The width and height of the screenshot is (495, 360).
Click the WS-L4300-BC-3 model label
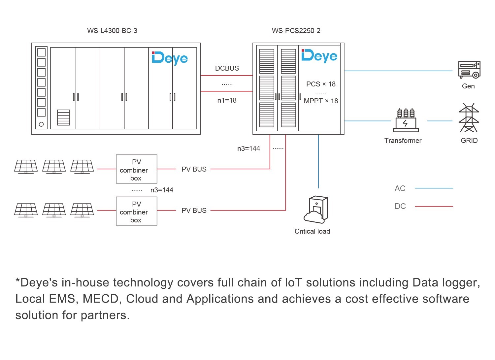pyautogui.click(x=112, y=31)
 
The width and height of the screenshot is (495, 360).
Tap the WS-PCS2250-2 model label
pyautogui.click(x=296, y=31)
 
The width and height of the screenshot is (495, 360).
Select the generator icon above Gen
pyautogui.click(x=469, y=70)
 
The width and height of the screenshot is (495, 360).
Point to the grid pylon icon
pyautogui.click(x=469, y=118)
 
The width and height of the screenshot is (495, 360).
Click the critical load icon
pyautogui.click(x=315, y=210)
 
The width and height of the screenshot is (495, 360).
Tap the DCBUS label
pyautogui.click(x=227, y=68)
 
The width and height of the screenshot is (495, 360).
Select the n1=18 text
pyautogui.click(x=227, y=100)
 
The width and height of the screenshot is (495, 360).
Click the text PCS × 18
pyautogui.click(x=321, y=84)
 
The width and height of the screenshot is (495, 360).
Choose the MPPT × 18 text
pyautogui.click(x=321, y=101)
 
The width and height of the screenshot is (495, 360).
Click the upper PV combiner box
pyautogui.click(x=136, y=169)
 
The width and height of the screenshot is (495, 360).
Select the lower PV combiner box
pyautogui.click(x=136, y=211)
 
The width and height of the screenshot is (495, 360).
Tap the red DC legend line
pyautogui.click(x=434, y=206)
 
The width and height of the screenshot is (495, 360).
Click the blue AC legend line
pyautogui.click(x=434, y=188)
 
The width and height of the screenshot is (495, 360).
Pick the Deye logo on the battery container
pyautogui.click(x=170, y=58)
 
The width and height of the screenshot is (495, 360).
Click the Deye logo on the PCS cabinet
pyautogui.click(x=319, y=56)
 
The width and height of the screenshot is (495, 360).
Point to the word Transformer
pyautogui.click(x=403, y=141)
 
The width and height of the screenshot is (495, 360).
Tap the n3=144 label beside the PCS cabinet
pyautogui.click(x=248, y=148)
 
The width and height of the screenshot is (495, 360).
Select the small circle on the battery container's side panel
pyautogui.click(x=41, y=124)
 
